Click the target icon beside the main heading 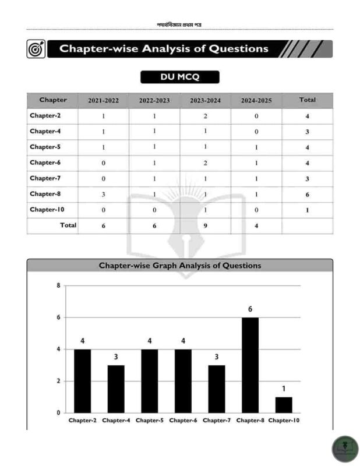pos(36,50)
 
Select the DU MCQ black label pos(179,77)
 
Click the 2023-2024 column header pos(205,100)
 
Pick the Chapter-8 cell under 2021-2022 pos(103,194)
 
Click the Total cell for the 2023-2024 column pos(205,225)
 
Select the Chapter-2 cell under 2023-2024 pos(205,116)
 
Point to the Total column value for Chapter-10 pos(307,210)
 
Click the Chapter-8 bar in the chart pos(250,365)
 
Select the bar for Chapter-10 pos(284,405)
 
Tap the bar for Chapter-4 pos(116,389)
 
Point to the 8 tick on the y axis pos(58,285)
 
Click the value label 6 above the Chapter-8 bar pos(250,309)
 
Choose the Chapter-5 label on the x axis pos(149,420)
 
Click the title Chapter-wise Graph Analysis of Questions pos(179,266)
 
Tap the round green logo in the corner pos(345,449)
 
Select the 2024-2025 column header pos(256,100)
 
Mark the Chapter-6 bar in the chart pos(183,381)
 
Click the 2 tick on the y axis pos(58,381)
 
